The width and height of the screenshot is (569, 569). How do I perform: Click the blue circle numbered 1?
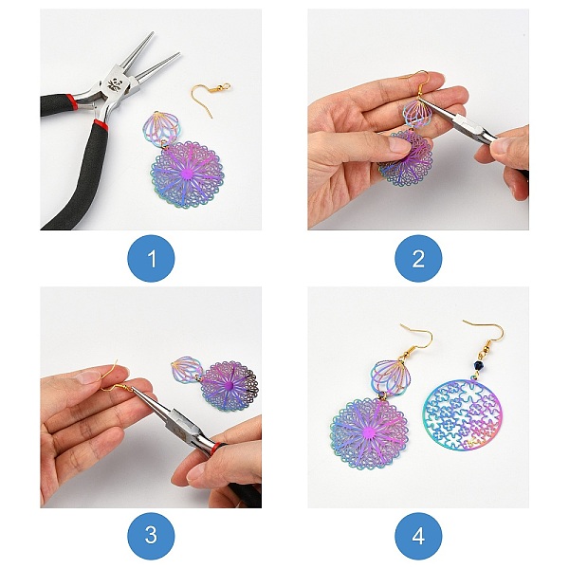pyautogui.click(x=151, y=258)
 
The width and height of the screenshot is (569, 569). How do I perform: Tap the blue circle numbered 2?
pyautogui.click(x=418, y=258)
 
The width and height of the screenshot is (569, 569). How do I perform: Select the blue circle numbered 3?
pyautogui.click(x=151, y=536)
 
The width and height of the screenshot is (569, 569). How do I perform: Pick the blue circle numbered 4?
pyautogui.click(x=418, y=536)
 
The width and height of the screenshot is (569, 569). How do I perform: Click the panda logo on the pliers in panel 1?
pyautogui.click(x=114, y=85)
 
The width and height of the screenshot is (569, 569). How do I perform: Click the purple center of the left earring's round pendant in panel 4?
pyautogui.click(x=370, y=433)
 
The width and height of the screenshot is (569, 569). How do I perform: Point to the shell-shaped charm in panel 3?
pyautogui.click(x=188, y=369)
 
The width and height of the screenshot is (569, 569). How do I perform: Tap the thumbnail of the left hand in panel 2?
pyautogui.click(x=396, y=145)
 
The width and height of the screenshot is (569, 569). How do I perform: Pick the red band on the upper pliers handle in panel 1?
pyautogui.click(x=71, y=99)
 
